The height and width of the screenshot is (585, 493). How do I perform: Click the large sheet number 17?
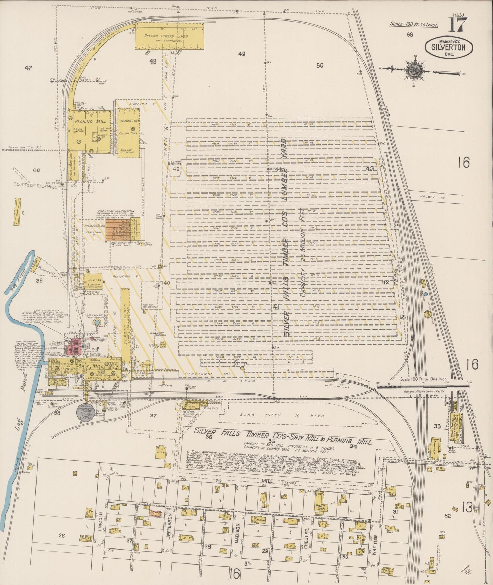pos(456,25)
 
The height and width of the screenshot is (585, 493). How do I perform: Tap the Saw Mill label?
pos(86,366)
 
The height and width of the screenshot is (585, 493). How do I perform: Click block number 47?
pos(28,68)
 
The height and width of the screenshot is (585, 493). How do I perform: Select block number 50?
pos(320,66)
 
